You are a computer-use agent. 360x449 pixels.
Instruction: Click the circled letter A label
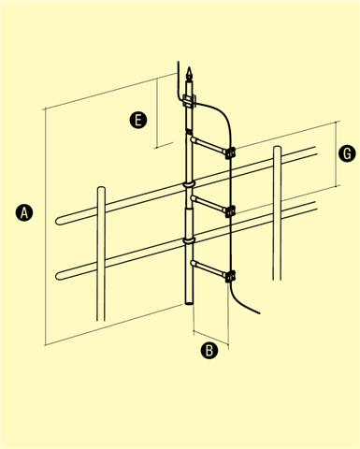[24, 213]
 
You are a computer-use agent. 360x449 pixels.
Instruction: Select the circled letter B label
[209, 350]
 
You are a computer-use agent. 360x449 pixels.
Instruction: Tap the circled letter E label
[138, 120]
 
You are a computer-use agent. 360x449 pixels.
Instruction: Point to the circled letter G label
[347, 153]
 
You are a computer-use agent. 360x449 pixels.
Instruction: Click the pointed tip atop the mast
[189, 68]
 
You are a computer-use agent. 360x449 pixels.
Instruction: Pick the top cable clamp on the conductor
[230, 152]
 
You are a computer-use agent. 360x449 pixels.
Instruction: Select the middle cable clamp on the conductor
[230, 211]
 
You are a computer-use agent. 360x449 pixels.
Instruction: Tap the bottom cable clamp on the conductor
[230, 276]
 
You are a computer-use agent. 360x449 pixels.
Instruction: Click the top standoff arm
[208, 145]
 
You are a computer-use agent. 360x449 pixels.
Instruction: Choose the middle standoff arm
[208, 204]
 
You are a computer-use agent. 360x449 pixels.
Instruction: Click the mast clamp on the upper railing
[189, 184]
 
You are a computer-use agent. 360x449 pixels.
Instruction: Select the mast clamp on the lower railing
[189, 240]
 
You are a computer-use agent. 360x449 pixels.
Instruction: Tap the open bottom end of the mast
[189, 302]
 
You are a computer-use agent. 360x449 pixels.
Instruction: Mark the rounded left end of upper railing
[57, 221]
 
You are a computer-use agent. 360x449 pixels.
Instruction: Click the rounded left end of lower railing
[57, 276]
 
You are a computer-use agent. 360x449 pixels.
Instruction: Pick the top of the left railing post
[101, 188]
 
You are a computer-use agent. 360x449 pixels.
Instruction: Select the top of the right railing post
[278, 148]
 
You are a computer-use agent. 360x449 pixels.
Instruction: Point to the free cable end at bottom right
[258, 312]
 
